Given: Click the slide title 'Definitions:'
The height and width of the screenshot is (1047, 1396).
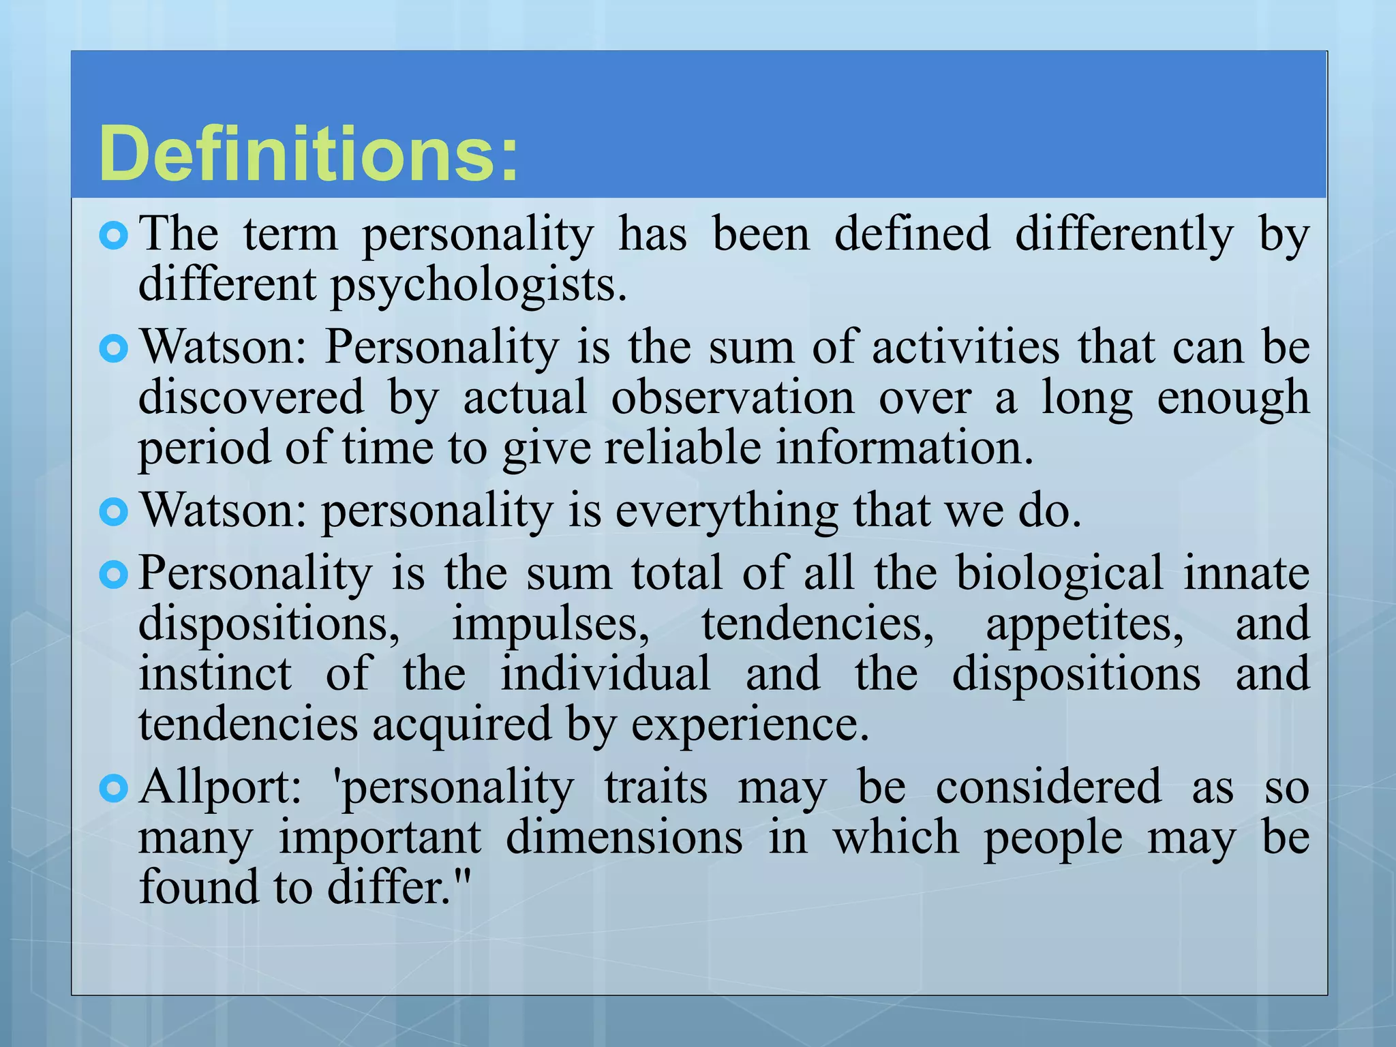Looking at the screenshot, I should [308, 154].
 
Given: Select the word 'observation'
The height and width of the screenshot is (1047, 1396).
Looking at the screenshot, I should [732, 398].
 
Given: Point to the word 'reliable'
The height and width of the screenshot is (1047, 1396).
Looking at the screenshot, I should [682, 449].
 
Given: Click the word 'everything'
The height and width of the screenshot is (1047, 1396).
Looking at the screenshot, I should [727, 511].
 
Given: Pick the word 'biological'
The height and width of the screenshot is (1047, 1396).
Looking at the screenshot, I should [1059, 573].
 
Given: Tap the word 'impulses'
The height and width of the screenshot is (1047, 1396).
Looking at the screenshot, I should [550, 624].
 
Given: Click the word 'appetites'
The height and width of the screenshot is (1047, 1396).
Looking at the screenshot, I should [1084, 625].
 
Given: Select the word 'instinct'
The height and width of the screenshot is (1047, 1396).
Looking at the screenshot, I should [215, 673].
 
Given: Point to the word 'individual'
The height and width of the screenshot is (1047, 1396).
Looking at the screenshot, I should [605, 673].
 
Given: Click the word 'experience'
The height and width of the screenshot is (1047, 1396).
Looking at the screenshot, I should [749, 724].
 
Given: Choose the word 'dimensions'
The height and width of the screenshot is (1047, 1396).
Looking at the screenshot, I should [624, 838].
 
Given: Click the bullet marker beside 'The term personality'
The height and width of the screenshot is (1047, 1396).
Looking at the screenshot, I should [113, 237].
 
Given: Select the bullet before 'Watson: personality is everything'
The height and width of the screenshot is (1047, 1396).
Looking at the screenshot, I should [113, 513].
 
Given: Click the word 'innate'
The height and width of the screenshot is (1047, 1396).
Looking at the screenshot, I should [1246, 573].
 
